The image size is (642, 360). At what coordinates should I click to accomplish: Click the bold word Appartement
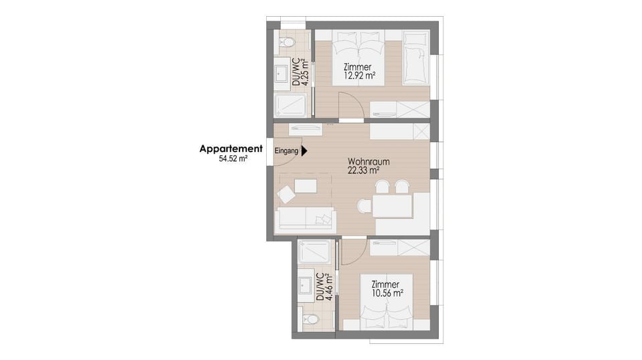231,149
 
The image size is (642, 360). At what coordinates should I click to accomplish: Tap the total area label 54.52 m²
233,160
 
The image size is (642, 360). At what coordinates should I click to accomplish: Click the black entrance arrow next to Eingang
304,151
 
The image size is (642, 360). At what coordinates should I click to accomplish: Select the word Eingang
286,151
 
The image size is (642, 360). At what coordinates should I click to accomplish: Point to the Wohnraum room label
368,162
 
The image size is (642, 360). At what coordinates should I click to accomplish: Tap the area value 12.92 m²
359,76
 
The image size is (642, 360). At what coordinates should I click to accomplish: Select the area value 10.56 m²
387,293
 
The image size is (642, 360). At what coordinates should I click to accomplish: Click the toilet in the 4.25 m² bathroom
289,42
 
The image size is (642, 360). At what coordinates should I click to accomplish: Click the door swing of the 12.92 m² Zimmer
349,106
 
